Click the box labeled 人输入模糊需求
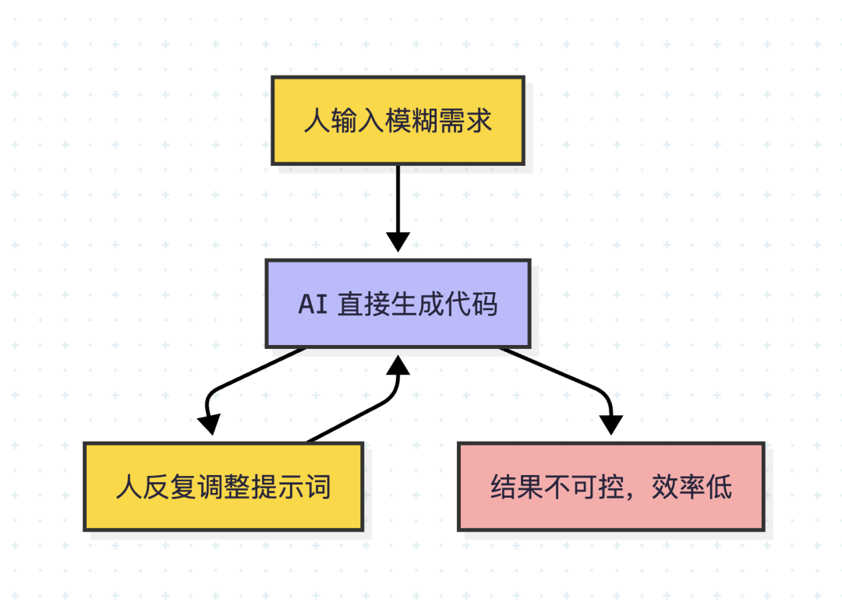(398, 121)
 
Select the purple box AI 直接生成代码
(398, 304)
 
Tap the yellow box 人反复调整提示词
(224, 487)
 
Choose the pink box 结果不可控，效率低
(611, 487)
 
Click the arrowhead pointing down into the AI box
(398, 242)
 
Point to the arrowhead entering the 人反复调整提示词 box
(209, 425)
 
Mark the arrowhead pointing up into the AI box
(398, 365)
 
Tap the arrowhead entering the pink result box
(611, 425)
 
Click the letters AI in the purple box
(313, 304)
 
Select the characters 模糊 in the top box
(412, 121)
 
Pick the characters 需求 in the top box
(465, 121)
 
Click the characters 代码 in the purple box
(471, 304)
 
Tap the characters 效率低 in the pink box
(692, 487)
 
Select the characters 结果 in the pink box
(517, 487)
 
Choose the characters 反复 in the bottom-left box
(170, 487)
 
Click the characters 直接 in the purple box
(364, 304)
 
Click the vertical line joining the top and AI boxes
(398, 199)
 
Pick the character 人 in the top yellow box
(317, 121)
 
